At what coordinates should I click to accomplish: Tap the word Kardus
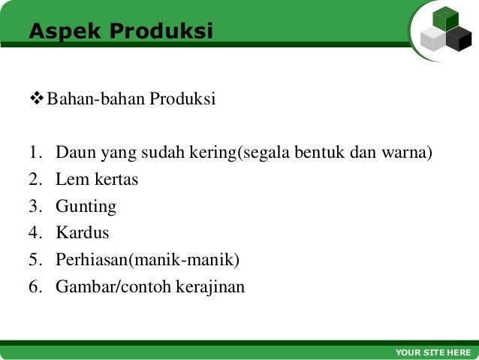(x=83, y=233)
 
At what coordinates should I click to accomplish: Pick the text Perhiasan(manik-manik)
(x=147, y=260)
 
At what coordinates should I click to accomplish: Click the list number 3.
(x=35, y=207)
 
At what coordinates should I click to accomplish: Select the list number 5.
(x=35, y=260)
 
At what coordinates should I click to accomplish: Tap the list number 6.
(x=35, y=287)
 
